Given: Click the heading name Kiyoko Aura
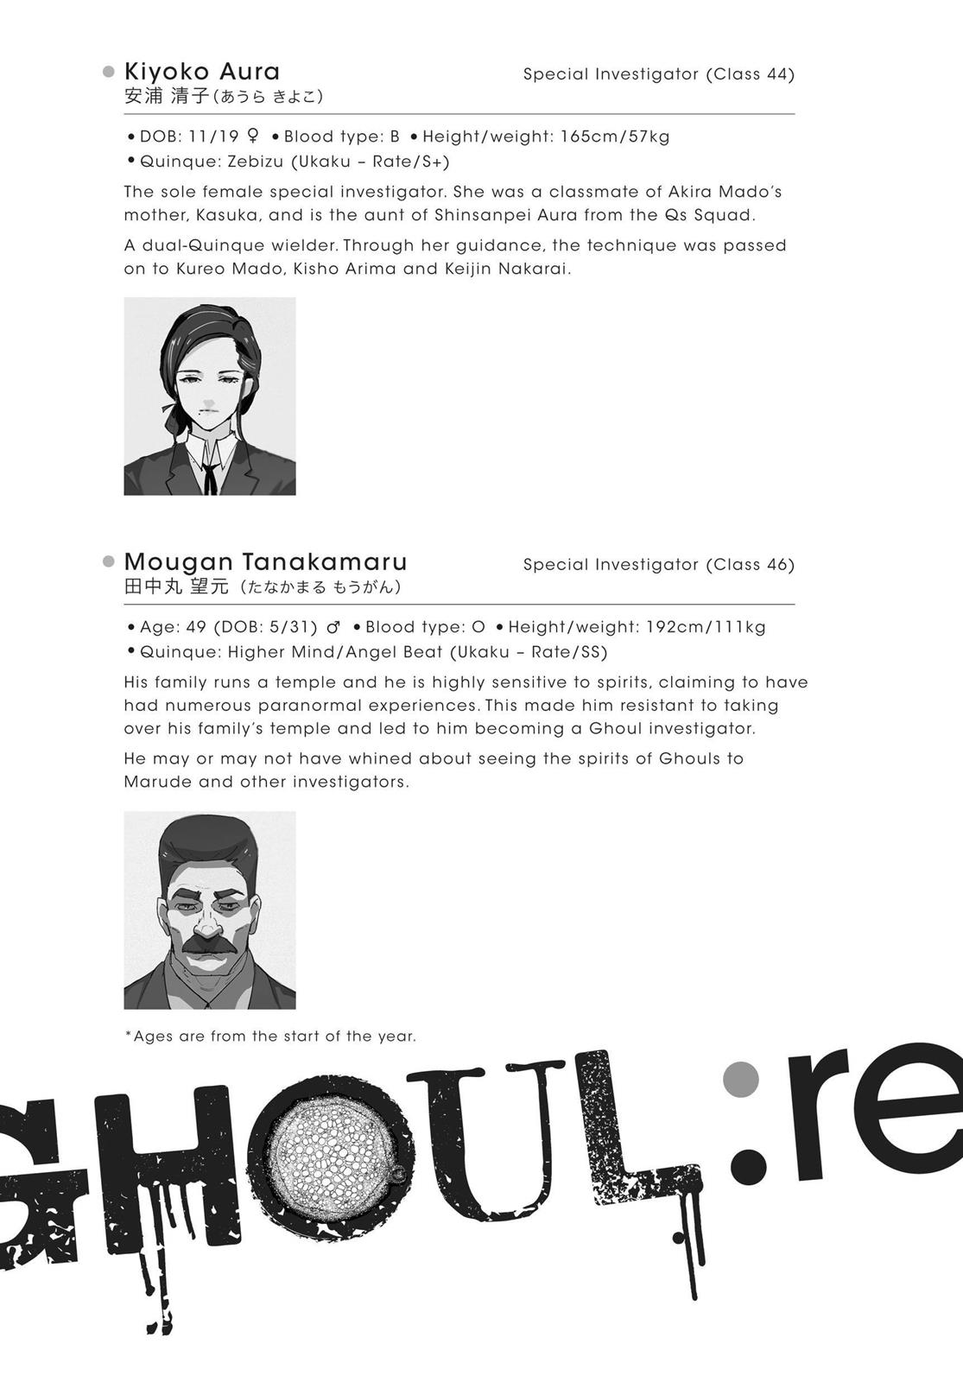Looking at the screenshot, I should tap(202, 71).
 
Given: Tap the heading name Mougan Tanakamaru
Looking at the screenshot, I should tap(265, 561).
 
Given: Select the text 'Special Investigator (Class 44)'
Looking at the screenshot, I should tap(658, 74).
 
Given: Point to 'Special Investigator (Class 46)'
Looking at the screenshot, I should tap(658, 565).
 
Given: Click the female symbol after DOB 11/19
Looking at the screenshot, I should tap(253, 136).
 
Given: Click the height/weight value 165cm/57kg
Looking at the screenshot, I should tap(615, 136).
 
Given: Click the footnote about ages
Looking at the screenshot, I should tap(270, 1036).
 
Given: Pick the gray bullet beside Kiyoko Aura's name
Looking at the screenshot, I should tap(109, 71).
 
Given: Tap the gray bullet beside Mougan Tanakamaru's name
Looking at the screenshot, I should tap(109, 561).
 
